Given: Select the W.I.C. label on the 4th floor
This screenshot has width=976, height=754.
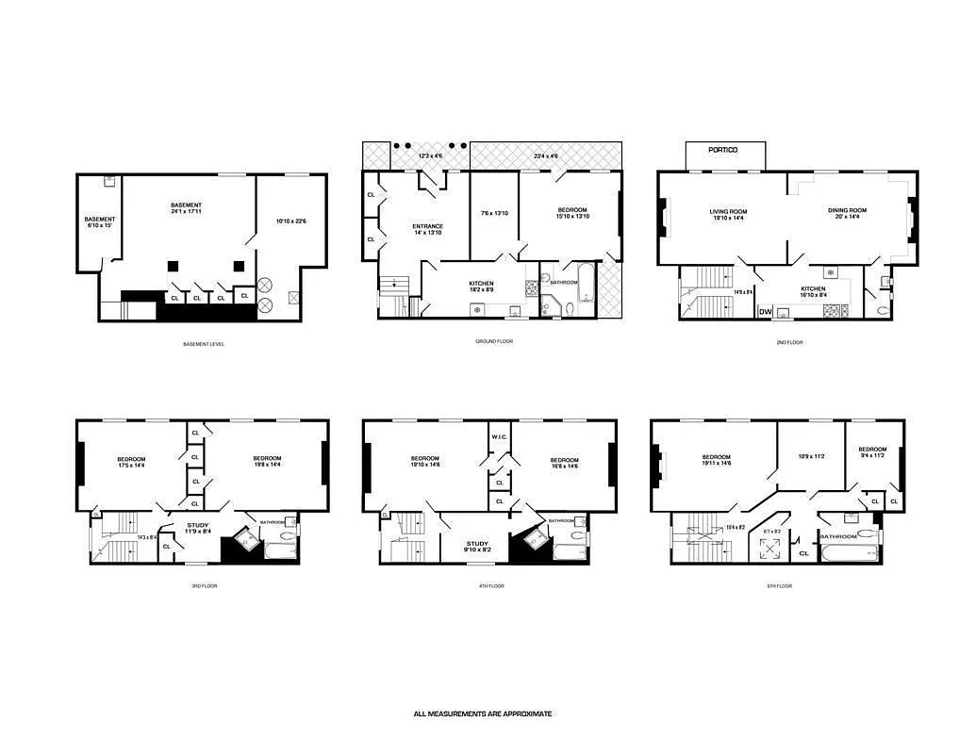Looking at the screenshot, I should coord(500,436).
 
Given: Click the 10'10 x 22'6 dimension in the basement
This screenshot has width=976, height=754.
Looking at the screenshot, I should coord(291,221).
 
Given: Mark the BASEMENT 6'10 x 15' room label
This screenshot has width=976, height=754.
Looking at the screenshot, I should coord(99,222).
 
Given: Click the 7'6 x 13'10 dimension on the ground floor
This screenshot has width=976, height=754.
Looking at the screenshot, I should coord(494,213).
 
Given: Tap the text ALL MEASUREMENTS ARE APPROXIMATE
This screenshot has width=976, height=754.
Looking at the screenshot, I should coord(483,713).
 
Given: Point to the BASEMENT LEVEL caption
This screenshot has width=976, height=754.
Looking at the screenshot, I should coord(204,344).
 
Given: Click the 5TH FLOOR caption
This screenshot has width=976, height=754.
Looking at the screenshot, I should coord(779,586).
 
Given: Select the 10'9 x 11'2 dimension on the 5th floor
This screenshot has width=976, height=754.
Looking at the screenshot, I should coord(811,456).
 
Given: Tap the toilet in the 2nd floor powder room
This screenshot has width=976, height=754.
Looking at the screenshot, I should coord(884,307).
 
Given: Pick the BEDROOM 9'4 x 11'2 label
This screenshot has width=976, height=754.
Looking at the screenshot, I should coord(872,452).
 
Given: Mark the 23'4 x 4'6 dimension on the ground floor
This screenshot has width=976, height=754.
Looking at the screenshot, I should coord(546,156).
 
